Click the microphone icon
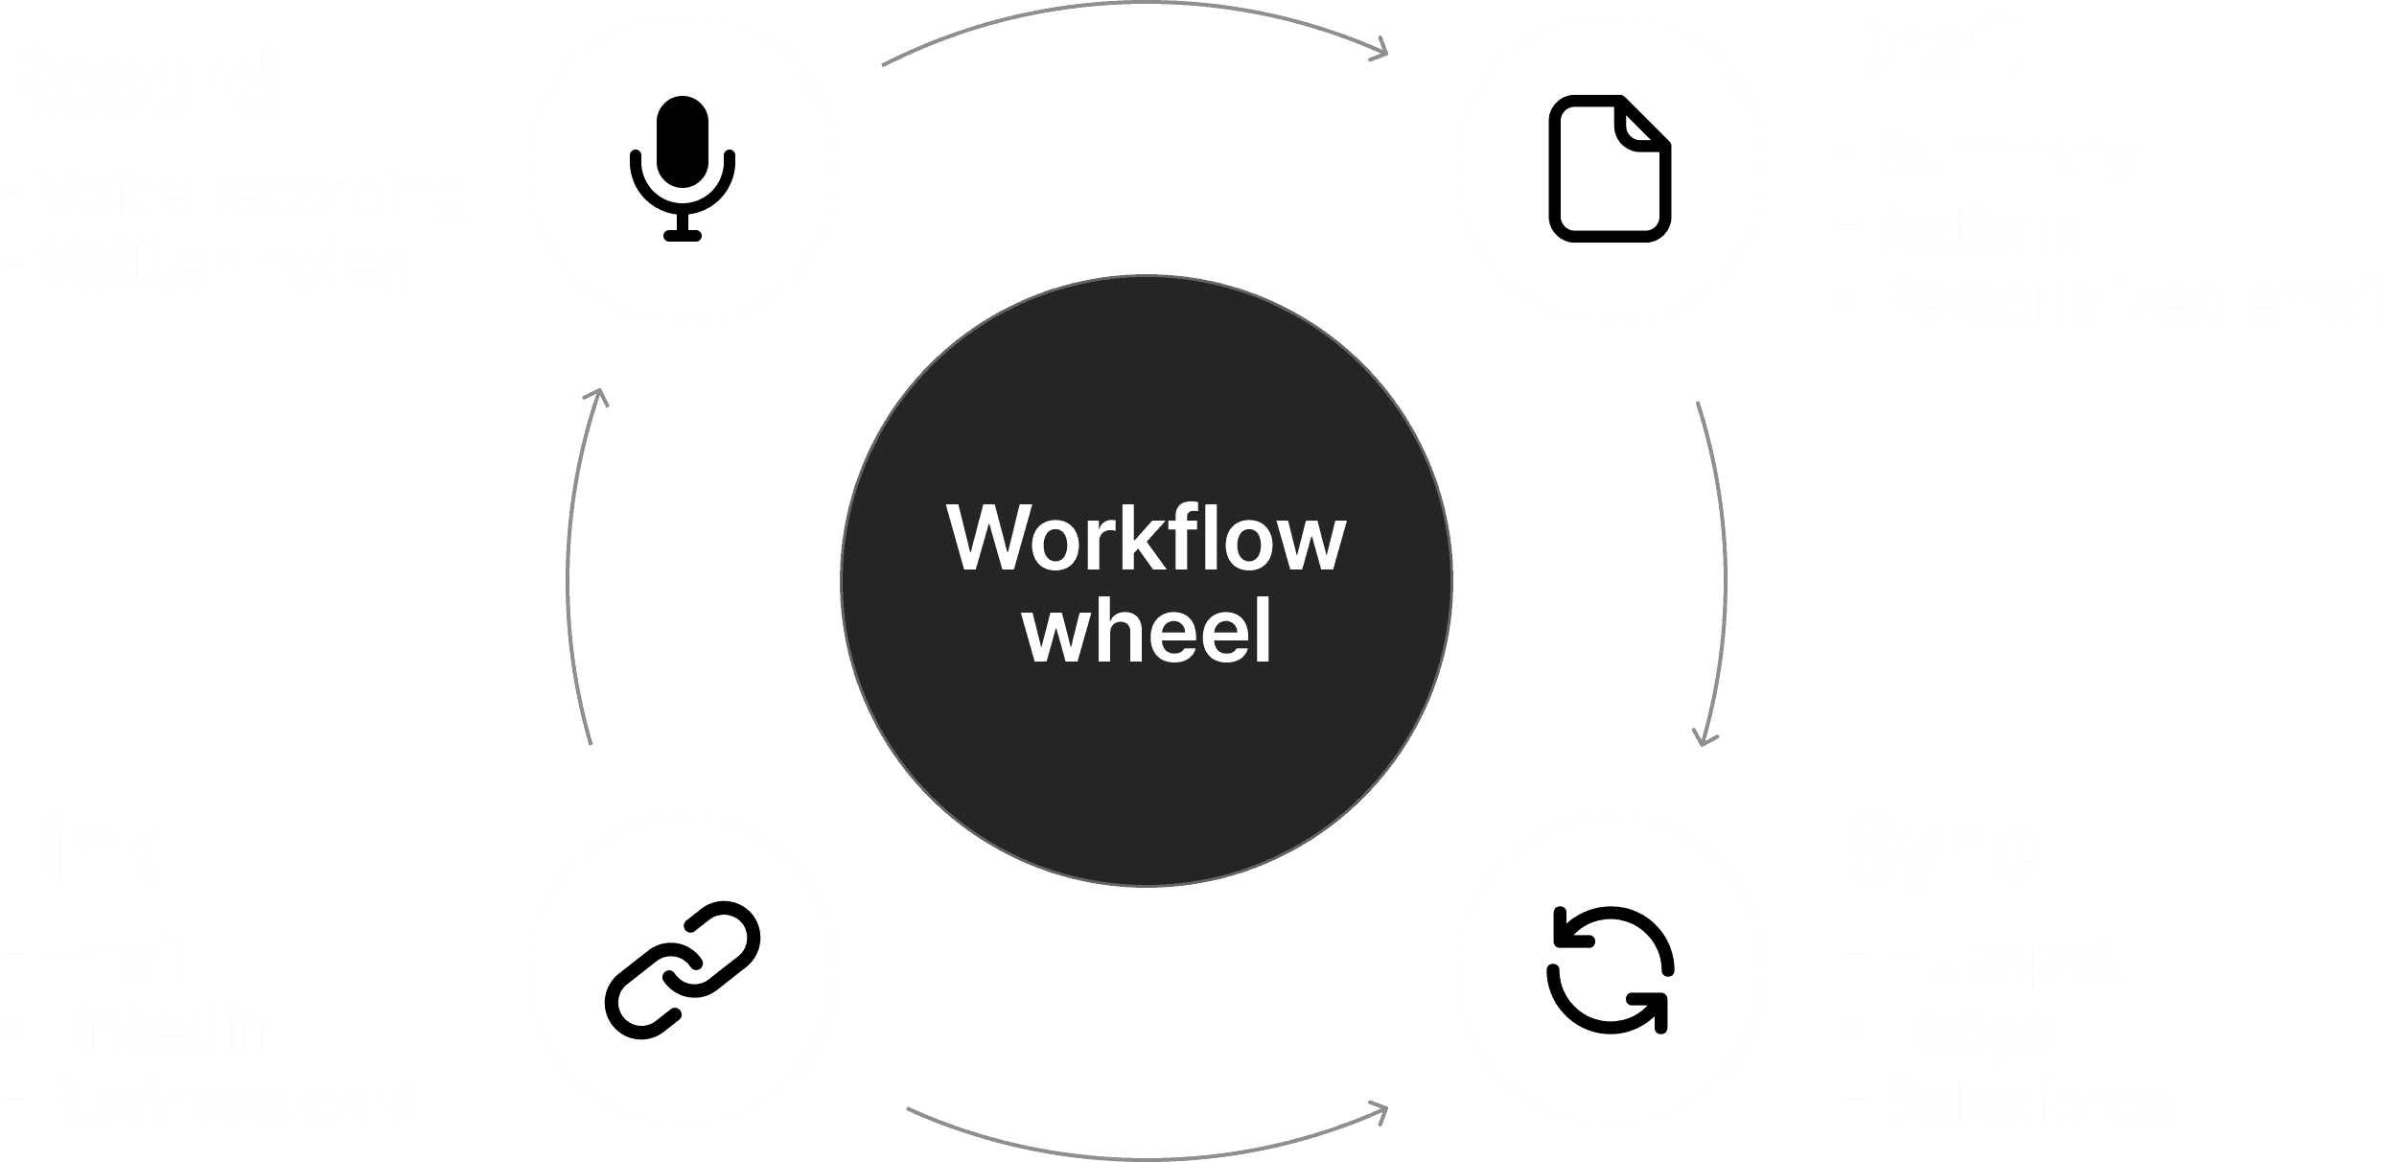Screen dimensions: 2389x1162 (x=682, y=168)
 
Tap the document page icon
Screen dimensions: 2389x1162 (x=1610, y=168)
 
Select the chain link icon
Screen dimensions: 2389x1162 (x=682, y=969)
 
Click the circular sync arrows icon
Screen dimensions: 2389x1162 (x=1610, y=969)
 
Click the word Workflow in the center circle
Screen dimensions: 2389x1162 (x=1147, y=539)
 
